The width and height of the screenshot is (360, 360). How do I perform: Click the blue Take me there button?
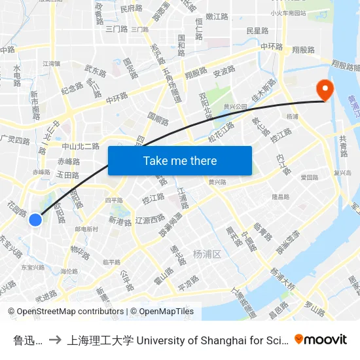tap(180, 160)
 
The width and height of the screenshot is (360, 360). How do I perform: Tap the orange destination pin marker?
tap(324, 90)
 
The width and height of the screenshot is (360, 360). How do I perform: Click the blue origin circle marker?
tap(36, 221)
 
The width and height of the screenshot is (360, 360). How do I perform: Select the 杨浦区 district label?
tap(208, 254)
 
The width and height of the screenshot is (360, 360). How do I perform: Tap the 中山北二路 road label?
tap(81, 147)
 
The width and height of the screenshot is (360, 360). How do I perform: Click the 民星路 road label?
tap(257, 31)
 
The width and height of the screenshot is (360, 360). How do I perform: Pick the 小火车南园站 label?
tap(288, 12)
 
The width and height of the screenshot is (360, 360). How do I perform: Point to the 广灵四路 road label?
tap(15, 141)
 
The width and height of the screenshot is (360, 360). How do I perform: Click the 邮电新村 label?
tap(86, 229)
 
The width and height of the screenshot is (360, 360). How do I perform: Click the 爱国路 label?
tap(309, 177)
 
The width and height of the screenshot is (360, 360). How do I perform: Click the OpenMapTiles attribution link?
tap(166, 312)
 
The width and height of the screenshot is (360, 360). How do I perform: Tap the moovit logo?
tap(321, 339)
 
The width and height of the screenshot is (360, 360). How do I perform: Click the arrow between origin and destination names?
tap(55, 340)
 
